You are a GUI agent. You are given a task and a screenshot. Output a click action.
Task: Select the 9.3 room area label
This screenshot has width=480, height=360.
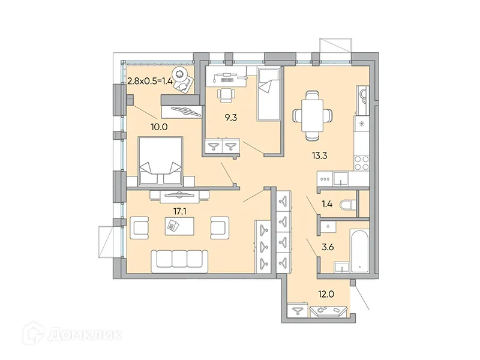230,119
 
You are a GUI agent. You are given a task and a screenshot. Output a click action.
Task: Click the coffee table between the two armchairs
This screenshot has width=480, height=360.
178,226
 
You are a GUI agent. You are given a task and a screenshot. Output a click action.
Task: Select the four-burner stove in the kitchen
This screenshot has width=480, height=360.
361,160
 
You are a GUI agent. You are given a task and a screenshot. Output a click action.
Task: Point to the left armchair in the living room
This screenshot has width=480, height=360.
139,227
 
